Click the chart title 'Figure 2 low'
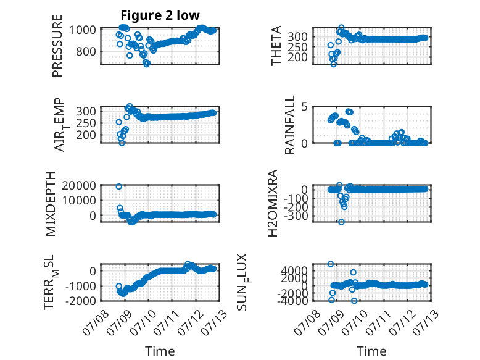(160, 15)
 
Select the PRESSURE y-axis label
(57, 46)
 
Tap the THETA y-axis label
(276, 46)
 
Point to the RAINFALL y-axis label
(289, 125)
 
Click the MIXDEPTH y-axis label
(51, 204)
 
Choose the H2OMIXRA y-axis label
(273, 203)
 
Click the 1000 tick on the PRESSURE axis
(82, 30)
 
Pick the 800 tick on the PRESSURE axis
(85, 51)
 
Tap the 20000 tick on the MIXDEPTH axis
(79, 185)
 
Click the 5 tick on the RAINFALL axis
(304, 107)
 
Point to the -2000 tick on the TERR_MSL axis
(80, 301)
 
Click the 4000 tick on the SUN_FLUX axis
(294, 270)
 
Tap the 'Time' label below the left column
(160, 351)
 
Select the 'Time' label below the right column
(372, 351)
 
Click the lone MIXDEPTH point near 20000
(119, 186)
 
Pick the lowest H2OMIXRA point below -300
(341, 222)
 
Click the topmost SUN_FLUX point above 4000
(330, 264)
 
